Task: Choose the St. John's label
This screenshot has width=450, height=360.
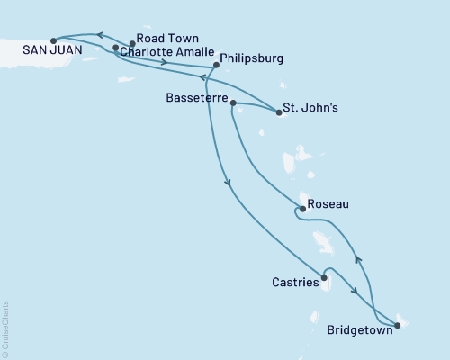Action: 310,110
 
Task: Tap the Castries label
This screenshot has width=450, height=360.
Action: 294,283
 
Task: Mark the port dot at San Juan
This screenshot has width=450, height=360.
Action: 54,40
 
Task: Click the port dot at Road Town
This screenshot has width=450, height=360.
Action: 132,43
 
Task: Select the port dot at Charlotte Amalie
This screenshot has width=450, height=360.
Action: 115,47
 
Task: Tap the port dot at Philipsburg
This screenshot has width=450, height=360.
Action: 215,65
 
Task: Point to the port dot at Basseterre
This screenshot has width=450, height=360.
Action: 233,103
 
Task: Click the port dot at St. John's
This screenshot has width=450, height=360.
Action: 278,113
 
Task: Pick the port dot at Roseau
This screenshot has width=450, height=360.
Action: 299,211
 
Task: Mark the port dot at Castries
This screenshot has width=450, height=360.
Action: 322,276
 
